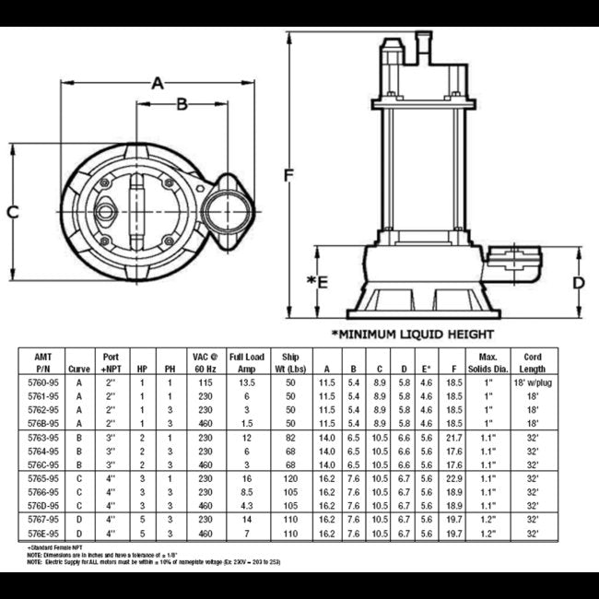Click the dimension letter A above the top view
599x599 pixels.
(x=158, y=84)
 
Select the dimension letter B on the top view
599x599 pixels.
(x=182, y=105)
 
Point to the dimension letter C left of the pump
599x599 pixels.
(x=13, y=212)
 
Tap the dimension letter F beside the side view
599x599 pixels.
(x=289, y=174)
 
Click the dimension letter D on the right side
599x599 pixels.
(x=579, y=282)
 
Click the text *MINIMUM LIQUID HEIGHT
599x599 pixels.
(x=412, y=334)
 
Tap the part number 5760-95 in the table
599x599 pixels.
(x=43, y=381)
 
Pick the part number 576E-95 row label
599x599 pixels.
(x=43, y=533)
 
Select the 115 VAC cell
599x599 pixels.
(x=205, y=381)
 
